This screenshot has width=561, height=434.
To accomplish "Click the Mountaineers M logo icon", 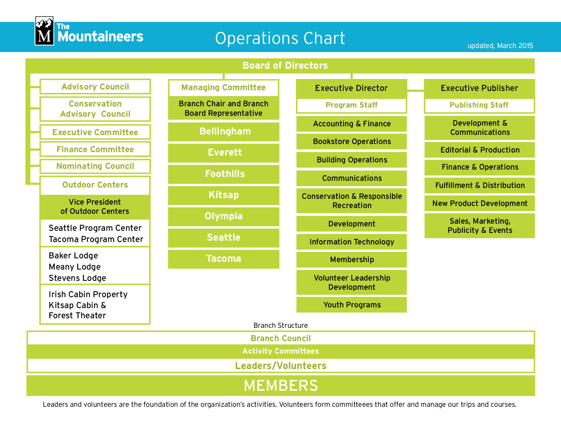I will (x=44, y=31).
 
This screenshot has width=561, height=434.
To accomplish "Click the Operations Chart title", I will (x=280, y=38).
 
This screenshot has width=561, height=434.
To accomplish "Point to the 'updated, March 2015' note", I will (x=500, y=46).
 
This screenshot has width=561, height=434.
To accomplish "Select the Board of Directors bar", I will (x=285, y=65).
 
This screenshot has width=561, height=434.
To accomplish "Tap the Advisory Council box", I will (x=95, y=87).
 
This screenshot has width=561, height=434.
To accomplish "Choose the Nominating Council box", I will (x=95, y=166).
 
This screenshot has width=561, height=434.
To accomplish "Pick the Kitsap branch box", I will (x=224, y=195).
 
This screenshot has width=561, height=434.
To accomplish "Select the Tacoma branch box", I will (x=224, y=259).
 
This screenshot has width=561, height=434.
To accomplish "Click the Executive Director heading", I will (x=351, y=88).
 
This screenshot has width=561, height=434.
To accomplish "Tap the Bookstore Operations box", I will (x=352, y=142).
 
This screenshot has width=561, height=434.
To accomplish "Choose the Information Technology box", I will (x=352, y=242).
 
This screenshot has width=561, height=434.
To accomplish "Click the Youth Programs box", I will (x=352, y=305).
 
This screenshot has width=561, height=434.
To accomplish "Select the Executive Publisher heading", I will (x=479, y=88).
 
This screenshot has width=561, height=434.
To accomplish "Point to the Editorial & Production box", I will (x=480, y=150).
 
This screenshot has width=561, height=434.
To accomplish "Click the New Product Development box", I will (x=480, y=204).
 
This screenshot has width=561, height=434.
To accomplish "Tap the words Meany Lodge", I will (x=75, y=267).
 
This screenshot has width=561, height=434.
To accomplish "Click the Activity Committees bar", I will (x=281, y=351).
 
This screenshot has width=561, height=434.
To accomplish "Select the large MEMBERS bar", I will (x=281, y=386).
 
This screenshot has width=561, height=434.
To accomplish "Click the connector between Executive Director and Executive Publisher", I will (x=416, y=91).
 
